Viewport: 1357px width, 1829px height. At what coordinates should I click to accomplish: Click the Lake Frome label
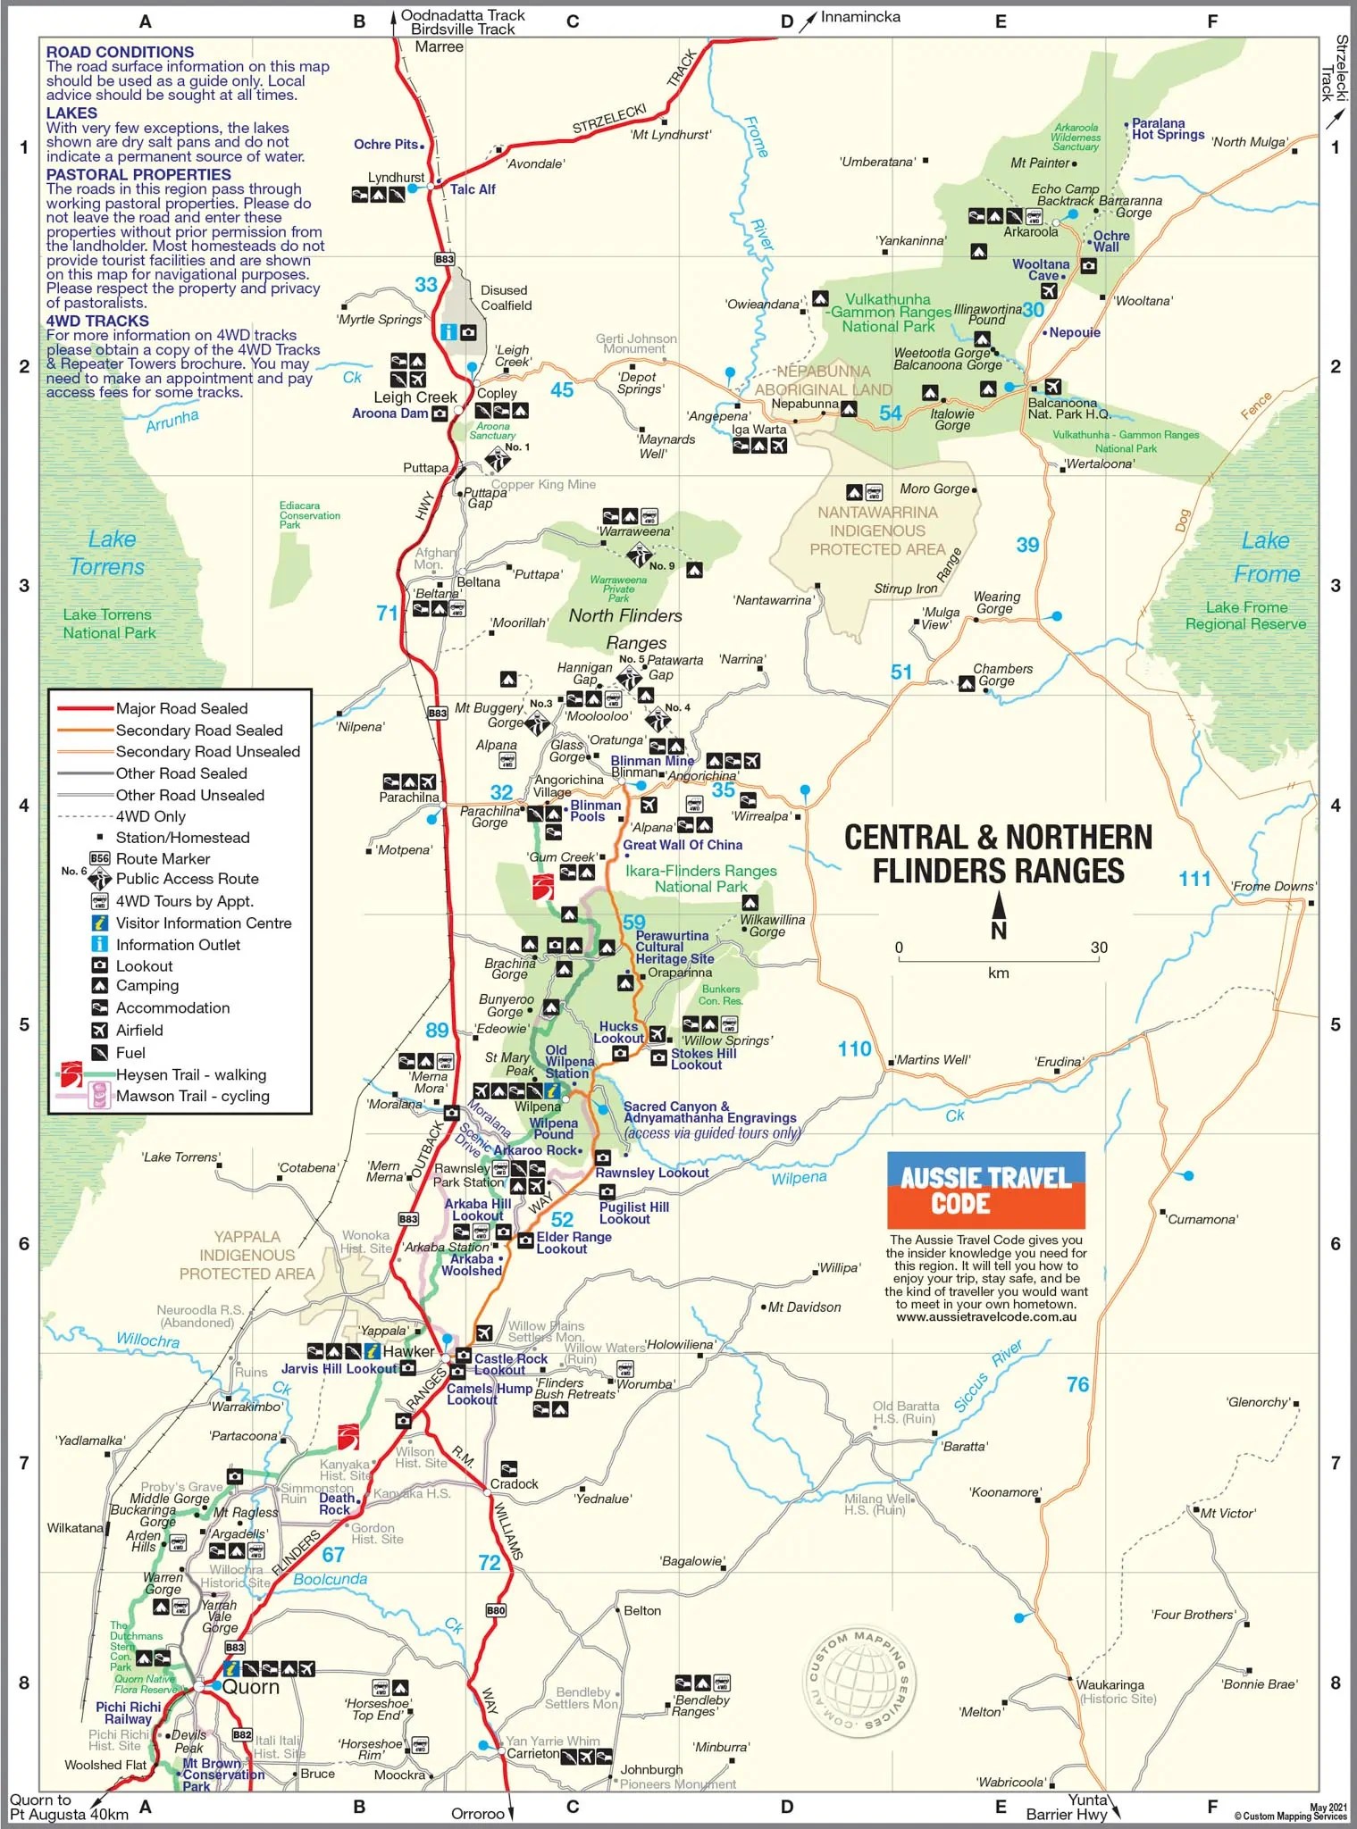(1266, 556)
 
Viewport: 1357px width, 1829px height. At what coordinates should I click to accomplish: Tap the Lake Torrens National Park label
(108, 623)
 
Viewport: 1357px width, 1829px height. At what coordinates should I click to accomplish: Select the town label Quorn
(251, 1686)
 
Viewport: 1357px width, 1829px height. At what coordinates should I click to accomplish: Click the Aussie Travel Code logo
(985, 1190)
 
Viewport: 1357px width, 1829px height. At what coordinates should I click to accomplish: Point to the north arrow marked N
(999, 917)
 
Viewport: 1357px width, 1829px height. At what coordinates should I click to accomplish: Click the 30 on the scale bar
(1099, 948)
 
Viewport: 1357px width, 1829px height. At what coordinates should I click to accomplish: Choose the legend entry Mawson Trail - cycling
(192, 1096)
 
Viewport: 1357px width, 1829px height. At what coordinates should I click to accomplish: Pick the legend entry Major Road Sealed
(181, 708)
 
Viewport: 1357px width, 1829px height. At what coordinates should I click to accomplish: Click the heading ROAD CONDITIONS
(120, 53)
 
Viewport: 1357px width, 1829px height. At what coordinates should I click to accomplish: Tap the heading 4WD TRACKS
(97, 321)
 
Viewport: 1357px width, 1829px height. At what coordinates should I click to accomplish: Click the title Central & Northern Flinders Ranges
(998, 854)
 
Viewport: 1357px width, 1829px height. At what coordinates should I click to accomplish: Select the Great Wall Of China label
(683, 845)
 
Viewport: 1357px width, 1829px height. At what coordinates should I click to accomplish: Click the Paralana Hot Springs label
(1168, 129)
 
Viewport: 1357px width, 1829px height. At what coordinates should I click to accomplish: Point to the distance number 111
(1194, 879)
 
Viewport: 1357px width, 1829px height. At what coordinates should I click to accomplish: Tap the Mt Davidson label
(804, 1307)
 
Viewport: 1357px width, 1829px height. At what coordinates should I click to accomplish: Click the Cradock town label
(514, 1483)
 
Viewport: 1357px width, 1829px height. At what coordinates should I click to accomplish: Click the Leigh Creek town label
(415, 397)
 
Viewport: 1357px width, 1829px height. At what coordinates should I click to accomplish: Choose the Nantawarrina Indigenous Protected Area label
(877, 530)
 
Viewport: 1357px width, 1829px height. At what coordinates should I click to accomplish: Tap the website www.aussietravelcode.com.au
(986, 1316)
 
